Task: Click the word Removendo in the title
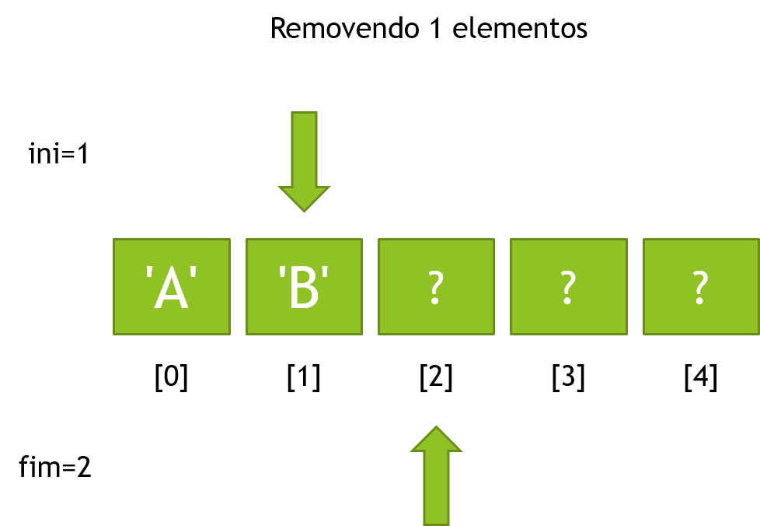(344, 28)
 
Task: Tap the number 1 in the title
(436, 28)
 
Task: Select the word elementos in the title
(520, 28)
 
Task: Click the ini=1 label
(58, 154)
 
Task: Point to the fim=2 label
(54, 467)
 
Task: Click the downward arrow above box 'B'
(304, 162)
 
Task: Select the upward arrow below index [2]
(436, 476)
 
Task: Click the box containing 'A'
(172, 286)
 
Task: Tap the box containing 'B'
(304, 286)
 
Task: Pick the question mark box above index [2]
(436, 286)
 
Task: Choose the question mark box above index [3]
(569, 286)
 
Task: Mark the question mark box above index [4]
(701, 286)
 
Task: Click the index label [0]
(171, 377)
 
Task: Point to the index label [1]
(304, 377)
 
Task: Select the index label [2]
(436, 377)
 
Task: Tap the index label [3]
(569, 377)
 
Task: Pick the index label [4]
(701, 377)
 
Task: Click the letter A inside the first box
(171, 289)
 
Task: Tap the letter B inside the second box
(303, 289)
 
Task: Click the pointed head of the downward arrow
(304, 211)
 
